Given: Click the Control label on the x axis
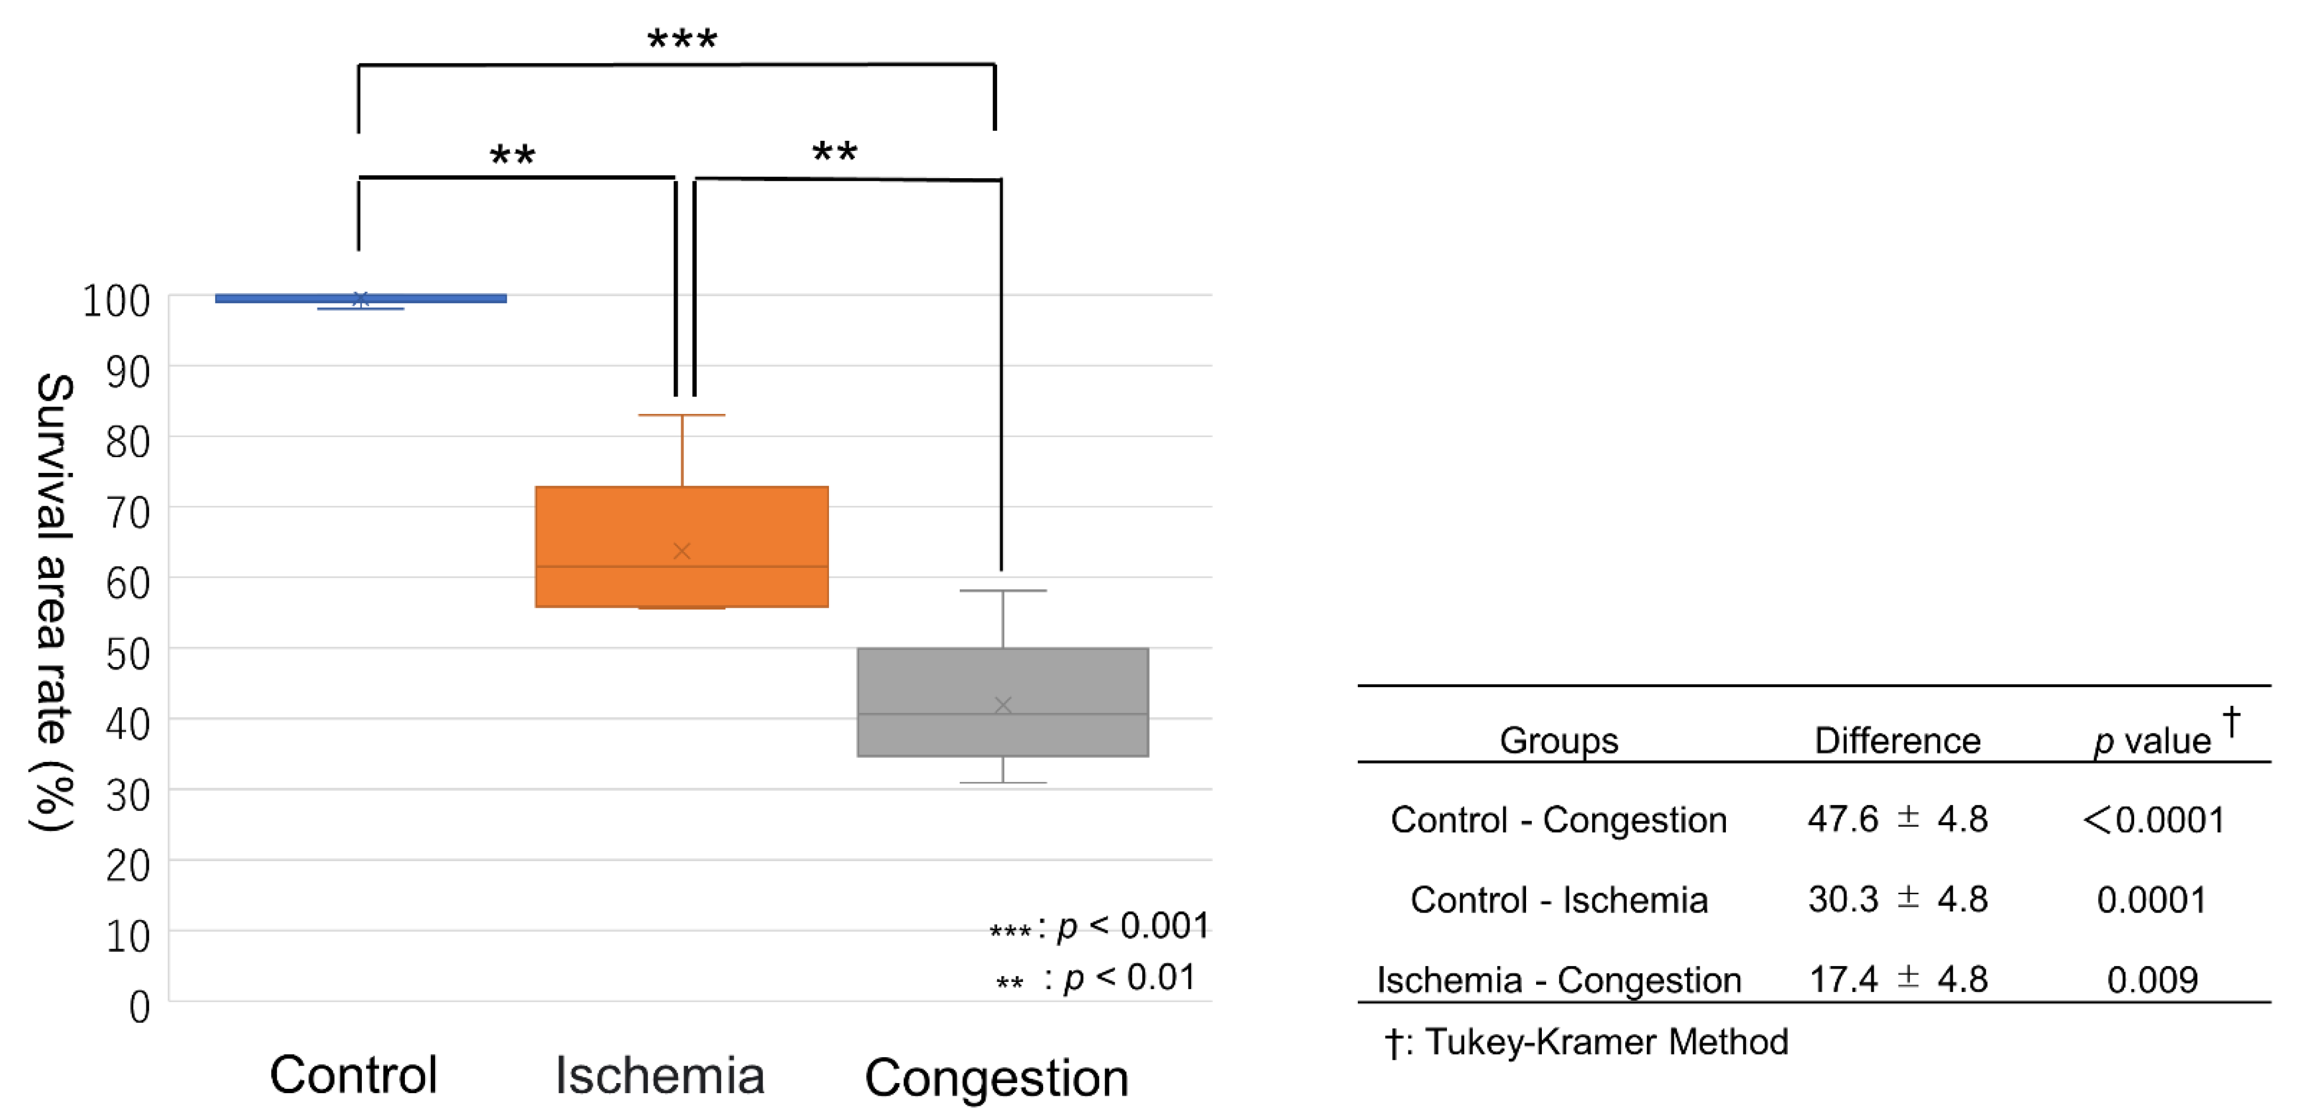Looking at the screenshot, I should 354,1074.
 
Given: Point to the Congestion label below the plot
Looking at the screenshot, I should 996,1077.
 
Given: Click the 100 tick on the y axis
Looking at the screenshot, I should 117,302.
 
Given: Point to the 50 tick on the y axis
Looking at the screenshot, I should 128,654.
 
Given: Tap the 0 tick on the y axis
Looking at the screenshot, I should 140,1007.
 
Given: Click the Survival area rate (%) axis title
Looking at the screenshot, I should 54,602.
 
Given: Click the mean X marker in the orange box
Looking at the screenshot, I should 681,551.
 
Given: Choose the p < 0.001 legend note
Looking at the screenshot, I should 1099,926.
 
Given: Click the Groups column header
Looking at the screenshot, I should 1559,740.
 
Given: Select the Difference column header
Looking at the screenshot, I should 1897,740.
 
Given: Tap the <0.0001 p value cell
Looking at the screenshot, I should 2153,819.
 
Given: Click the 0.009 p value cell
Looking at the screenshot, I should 2152,979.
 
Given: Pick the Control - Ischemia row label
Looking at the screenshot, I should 1559,900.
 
